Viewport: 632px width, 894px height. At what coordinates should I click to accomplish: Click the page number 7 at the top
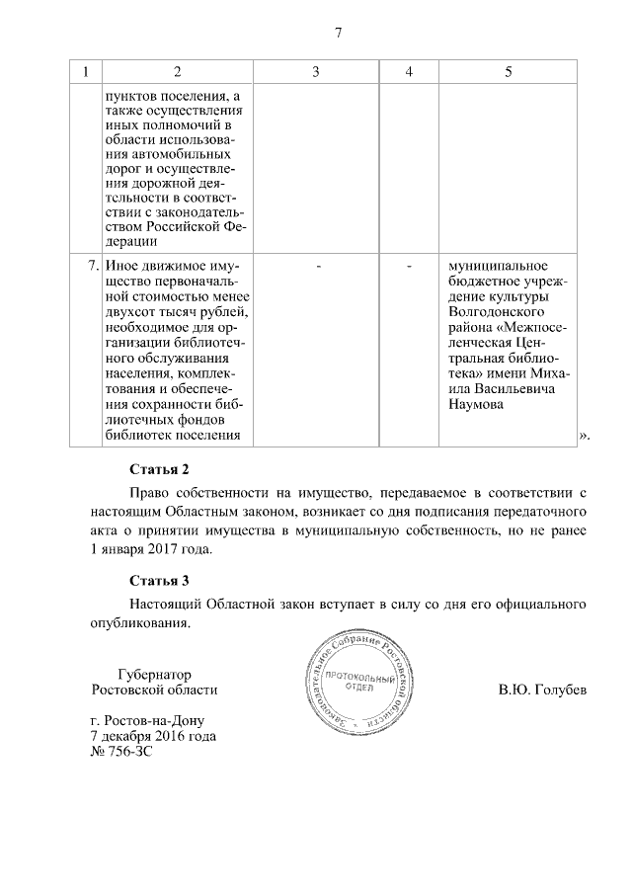[337, 33]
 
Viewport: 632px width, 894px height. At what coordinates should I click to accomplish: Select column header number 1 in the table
[86, 72]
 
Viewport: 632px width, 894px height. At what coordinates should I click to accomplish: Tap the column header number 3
[315, 72]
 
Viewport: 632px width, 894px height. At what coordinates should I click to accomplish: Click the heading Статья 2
[159, 468]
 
